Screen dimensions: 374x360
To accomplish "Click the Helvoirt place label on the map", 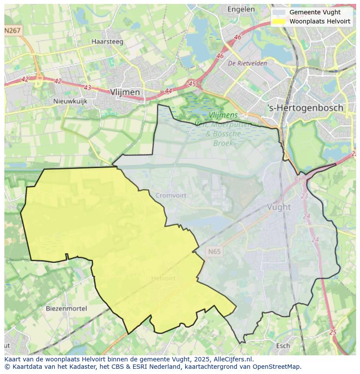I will click(163, 278).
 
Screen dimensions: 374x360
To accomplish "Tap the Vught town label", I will click(279, 207).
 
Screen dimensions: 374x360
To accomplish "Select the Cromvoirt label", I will click(171, 195).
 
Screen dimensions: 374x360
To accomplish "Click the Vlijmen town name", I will click(125, 92).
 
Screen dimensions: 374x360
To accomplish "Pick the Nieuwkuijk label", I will click(70, 101).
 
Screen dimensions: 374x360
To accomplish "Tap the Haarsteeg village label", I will click(107, 42).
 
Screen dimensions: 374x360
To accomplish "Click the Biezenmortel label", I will click(67, 308).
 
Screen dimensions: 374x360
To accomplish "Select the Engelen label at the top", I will click(241, 9).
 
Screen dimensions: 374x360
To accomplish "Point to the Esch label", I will click(283, 346).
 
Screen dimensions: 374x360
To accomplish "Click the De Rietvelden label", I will click(247, 63).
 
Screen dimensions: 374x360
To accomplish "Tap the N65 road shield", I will click(214, 252).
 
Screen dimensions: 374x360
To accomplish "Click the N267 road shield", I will click(13, 30).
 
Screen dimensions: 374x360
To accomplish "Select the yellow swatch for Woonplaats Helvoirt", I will click(279, 21).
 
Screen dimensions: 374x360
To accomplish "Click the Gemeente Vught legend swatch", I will click(279, 12).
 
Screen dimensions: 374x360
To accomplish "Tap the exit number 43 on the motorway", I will click(87, 87).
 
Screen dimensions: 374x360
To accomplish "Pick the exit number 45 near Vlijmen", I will click(192, 83).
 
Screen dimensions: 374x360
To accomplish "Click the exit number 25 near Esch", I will click(333, 332).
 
